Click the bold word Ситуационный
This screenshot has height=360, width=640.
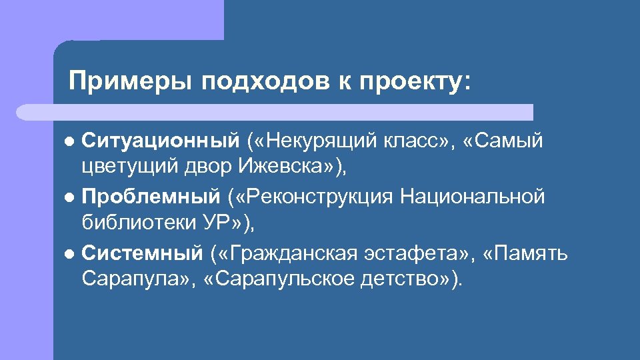click(x=160, y=141)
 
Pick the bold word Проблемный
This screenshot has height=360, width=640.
click(x=150, y=197)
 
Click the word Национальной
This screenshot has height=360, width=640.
click(x=473, y=197)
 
